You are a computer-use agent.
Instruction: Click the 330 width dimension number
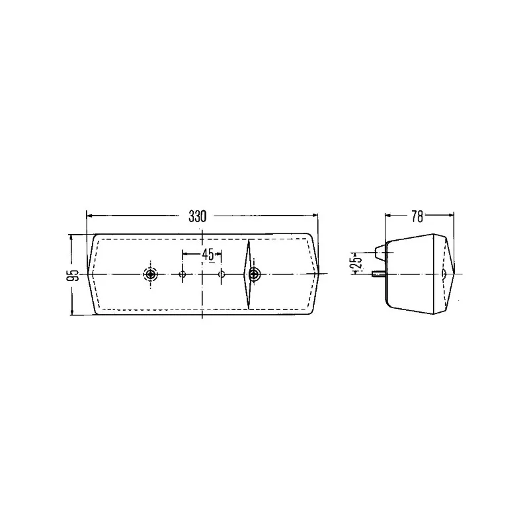tap(197, 217)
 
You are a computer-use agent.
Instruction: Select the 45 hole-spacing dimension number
tap(208, 255)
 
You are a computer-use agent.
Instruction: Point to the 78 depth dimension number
tap(417, 217)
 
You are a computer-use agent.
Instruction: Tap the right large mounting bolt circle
tap(254, 274)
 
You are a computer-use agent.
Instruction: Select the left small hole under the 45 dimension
tap(183, 274)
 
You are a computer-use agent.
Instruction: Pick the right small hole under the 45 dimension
tap(222, 274)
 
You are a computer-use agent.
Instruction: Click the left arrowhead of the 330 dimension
tap(90, 216)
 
